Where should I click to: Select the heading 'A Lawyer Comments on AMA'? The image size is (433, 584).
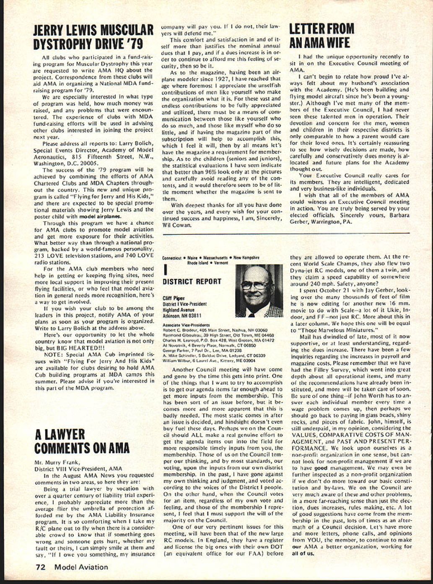(x=82, y=441)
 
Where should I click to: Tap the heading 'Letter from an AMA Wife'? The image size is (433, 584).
(x=322, y=36)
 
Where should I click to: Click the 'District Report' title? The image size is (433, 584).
(x=192, y=282)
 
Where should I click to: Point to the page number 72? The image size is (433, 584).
(x=40, y=567)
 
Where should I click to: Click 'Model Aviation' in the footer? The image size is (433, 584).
(x=81, y=567)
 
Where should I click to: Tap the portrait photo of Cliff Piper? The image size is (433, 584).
(x=259, y=291)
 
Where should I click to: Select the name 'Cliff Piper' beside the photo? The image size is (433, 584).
(x=174, y=298)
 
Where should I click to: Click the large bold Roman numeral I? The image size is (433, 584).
(x=165, y=269)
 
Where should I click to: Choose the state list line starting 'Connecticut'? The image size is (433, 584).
(x=211, y=258)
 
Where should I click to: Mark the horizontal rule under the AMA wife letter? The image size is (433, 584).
(x=350, y=233)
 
